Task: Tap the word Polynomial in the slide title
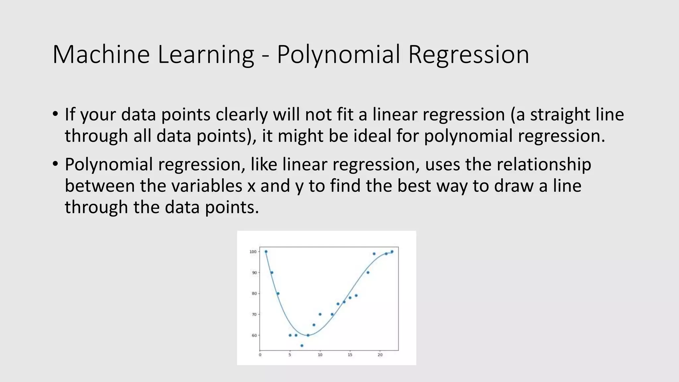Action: pos(339,54)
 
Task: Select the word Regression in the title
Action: pos(468,54)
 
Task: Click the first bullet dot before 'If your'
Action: pos(55,114)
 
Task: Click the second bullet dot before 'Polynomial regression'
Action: pos(55,164)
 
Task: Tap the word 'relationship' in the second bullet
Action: pos(544,164)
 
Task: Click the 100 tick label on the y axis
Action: pos(253,252)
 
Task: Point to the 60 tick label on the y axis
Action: pos(254,335)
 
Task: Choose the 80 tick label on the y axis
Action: pos(254,293)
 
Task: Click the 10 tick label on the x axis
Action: pos(320,355)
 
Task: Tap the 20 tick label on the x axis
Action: pos(380,355)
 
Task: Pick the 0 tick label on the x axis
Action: pos(260,355)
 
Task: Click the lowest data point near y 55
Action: pos(302,346)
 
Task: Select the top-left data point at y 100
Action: pos(266,252)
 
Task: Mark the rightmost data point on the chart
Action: pos(392,252)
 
